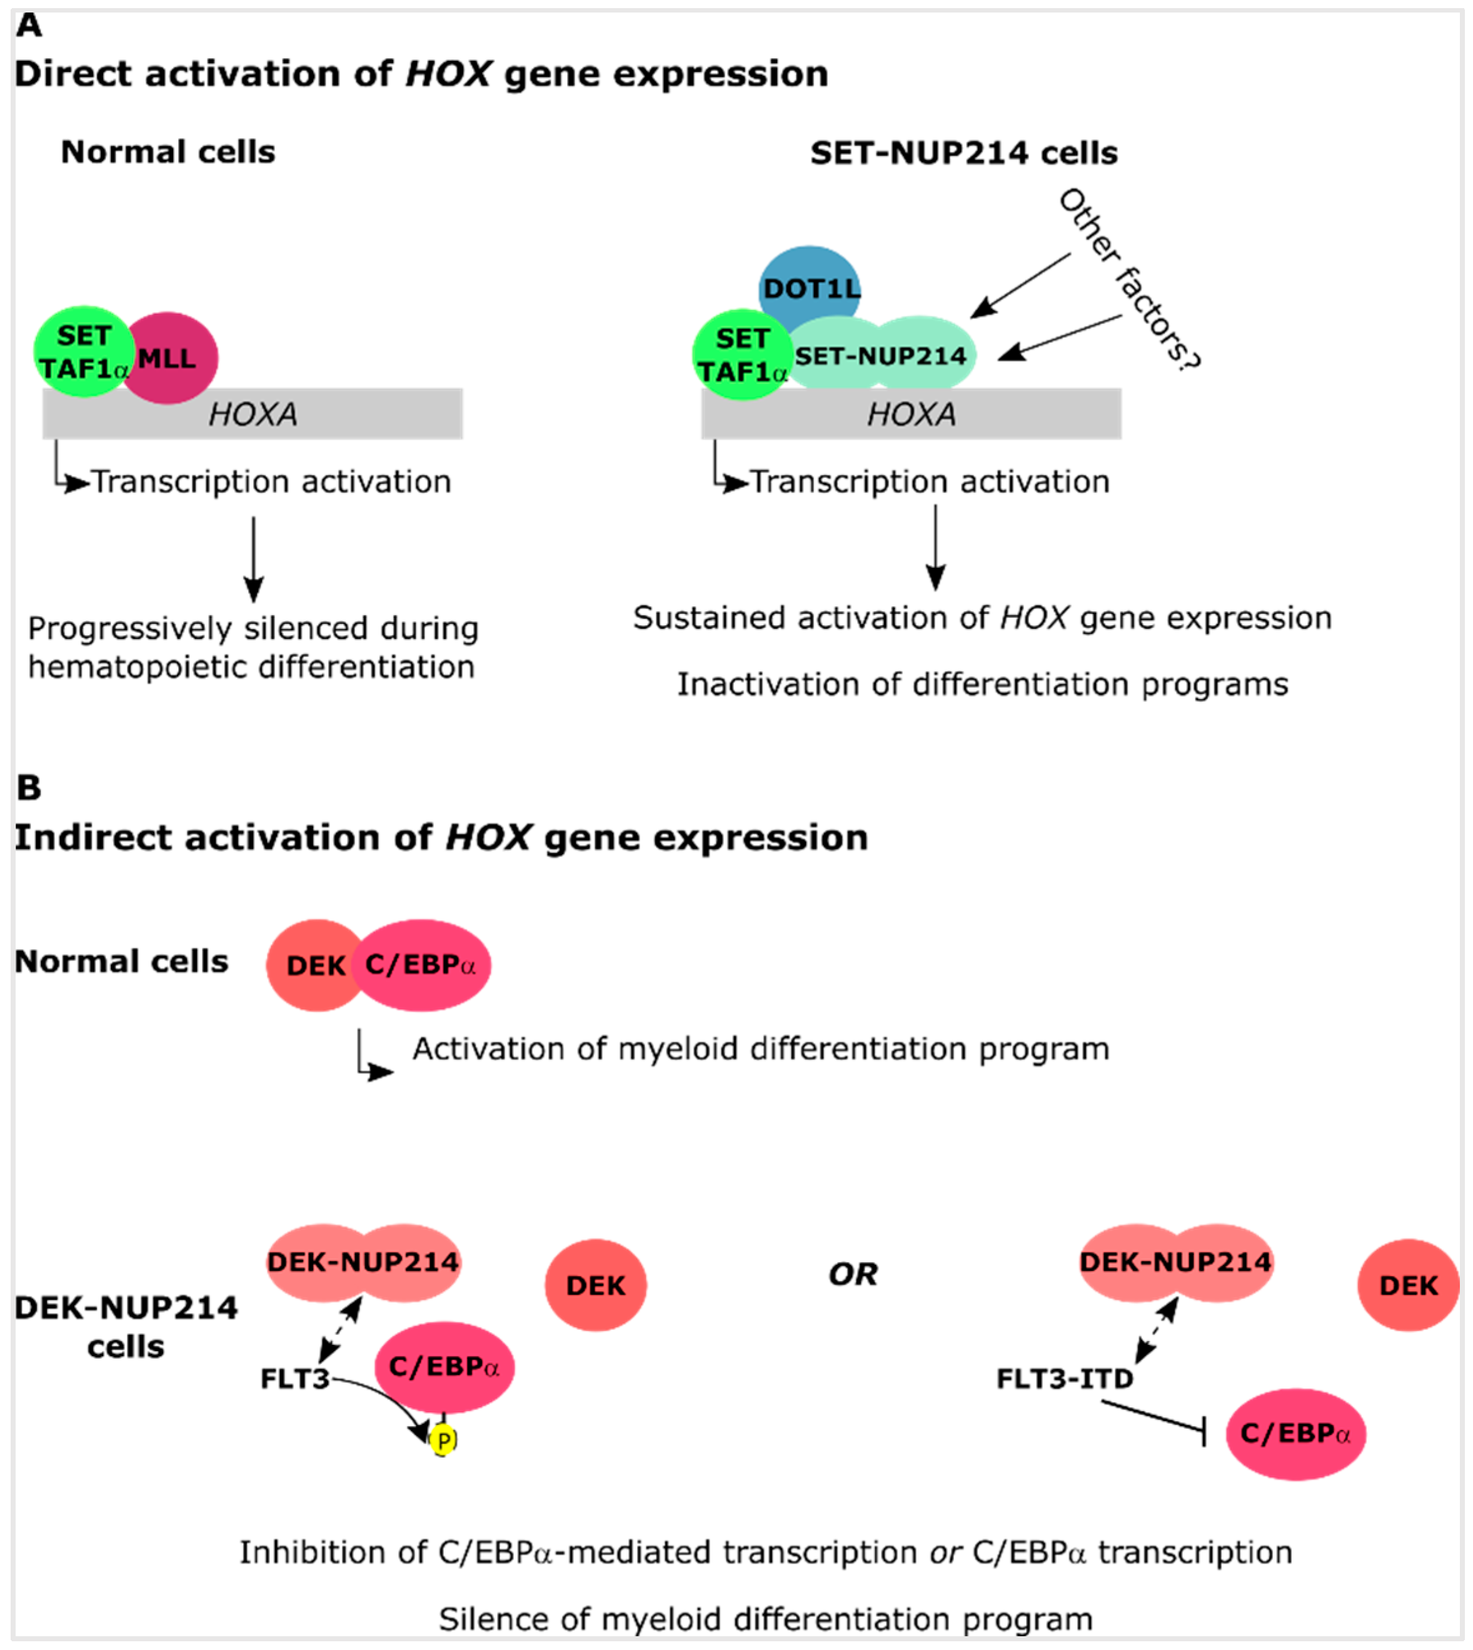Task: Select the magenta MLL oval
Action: (x=171, y=358)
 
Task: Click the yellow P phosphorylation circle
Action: (x=443, y=1439)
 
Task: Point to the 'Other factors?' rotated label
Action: (x=1130, y=280)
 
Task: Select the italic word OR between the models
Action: (x=852, y=1274)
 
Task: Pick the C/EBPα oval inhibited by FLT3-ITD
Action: (x=1295, y=1434)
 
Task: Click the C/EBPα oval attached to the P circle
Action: (x=443, y=1367)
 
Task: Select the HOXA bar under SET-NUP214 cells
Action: (x=912, y=415)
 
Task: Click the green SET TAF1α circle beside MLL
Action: (x=83, y=352)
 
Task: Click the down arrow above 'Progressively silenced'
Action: (x=253, y=558)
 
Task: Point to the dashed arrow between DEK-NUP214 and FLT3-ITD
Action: (x=1157, y=1331)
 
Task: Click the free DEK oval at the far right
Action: (x=1408, y=1285)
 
